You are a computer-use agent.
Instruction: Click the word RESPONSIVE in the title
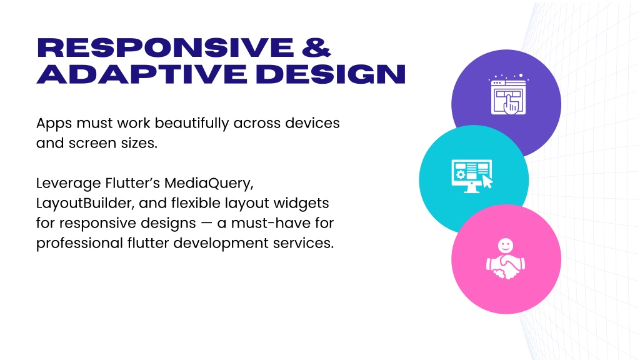click(165, 47)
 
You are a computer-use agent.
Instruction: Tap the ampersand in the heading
click(316, 47)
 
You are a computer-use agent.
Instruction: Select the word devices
click(312, 123)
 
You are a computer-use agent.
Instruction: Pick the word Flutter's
click(132, 183)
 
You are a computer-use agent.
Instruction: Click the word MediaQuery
click(209, 183)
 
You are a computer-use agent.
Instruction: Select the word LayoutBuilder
click(85, 203)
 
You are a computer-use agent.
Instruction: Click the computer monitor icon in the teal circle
click(472, 176)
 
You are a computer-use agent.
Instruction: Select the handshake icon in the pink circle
click(506, 259)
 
